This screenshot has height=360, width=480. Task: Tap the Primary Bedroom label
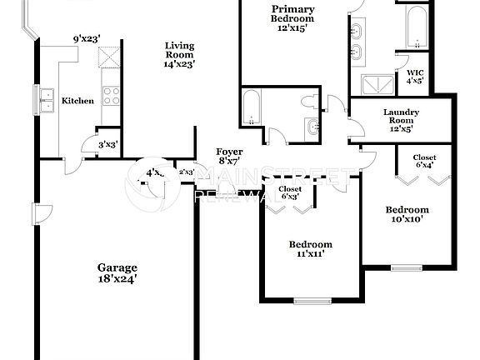tap(292, 13)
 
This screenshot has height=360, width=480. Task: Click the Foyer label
tap(229, 152)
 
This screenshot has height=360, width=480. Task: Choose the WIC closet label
tap(414, 71)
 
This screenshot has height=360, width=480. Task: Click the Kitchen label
tap(77, 101)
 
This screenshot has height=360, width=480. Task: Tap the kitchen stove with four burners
tap(111, 96)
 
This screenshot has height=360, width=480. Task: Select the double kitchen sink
tap(44, 100)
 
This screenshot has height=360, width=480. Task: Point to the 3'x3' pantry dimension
tap(108, 144)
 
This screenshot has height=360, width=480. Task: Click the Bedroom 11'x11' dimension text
tap(310, 255)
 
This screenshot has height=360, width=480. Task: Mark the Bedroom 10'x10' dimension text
tap(407, 220)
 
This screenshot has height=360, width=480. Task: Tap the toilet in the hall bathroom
tap(310, 102)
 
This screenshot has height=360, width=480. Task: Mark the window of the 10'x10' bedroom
tap(407, 267)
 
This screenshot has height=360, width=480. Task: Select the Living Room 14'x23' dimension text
tap(179, 62)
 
